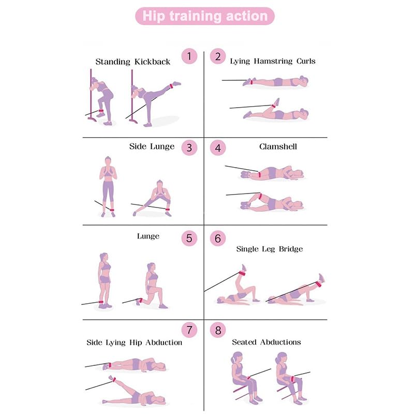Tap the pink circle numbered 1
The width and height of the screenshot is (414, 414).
point(189,56)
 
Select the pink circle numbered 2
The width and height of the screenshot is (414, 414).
point(218,56)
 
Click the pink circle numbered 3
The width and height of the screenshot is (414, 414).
point(189,147)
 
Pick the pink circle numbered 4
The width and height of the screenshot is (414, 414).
point(218,147)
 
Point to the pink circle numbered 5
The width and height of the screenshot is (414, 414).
point(189,238)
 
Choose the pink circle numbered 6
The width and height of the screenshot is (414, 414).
point(218,238)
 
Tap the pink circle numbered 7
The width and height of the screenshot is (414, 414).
point(189,330)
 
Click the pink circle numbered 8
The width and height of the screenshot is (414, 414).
point(218,330)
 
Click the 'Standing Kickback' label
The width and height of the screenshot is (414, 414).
point(132,62)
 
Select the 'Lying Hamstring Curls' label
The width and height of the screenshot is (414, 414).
point(272,61)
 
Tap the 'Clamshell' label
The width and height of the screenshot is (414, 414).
point(278,146)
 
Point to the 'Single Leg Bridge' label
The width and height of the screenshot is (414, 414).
point(269,249)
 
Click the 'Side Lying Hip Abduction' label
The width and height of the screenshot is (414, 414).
point(134,343)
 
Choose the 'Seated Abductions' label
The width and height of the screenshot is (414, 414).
point(266,342)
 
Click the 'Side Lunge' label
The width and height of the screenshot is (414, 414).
point(152,146)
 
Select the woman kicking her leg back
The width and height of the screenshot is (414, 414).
point(150,101)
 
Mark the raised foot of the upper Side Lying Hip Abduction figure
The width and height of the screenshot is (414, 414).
point(107,366)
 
